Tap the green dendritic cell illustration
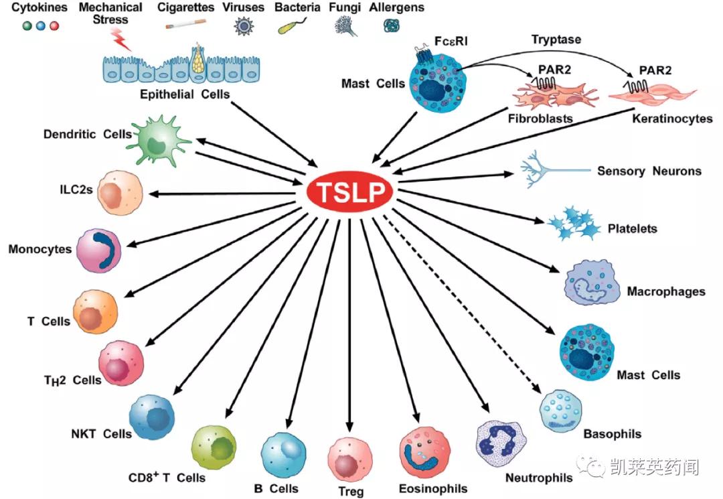[x=159, y=141]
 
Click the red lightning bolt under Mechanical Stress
[x=123, y=42]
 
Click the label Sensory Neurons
[x=649, y=171]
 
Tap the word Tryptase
[x=556, y=40]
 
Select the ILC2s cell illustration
[x=120, y=192]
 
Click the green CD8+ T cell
[x=214, y=447]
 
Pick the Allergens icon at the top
[x=391, y=25]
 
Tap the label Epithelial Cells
[x=184, y=94]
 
